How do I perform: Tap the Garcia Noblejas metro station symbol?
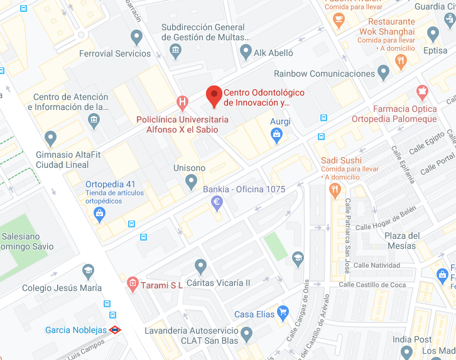114,329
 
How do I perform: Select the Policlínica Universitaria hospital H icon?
182,101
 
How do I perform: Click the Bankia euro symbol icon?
217,202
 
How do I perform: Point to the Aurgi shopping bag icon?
276,133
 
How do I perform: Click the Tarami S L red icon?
132,285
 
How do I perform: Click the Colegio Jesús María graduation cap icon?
89,271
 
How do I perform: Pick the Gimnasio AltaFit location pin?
51,138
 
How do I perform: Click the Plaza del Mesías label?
402,241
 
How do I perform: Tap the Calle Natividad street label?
377,265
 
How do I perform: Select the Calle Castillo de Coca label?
372,285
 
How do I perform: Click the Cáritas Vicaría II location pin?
200,266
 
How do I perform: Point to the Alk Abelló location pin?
246,51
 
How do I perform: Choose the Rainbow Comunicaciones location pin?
384,72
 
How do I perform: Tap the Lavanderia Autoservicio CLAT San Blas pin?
246,333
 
